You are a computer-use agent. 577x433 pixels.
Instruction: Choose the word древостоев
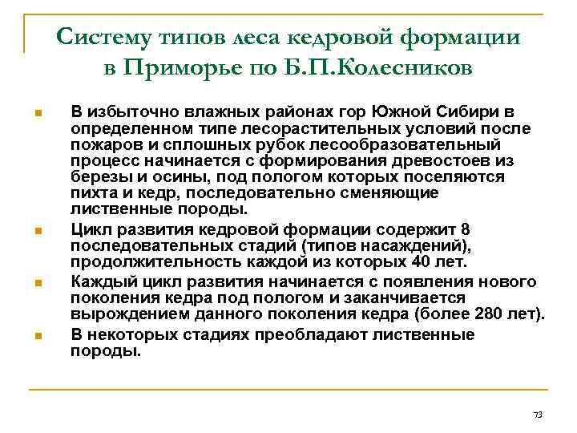tap(437, 160)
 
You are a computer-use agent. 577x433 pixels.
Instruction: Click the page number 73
tap(538, 415)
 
